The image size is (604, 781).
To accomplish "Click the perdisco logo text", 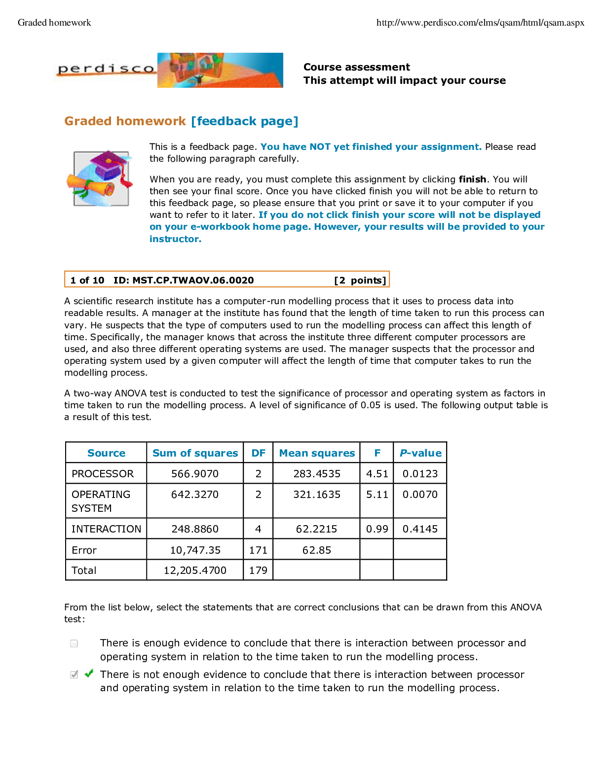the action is [106, 69].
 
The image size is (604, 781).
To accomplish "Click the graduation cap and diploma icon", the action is [100, 178].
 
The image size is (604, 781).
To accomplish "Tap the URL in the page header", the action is [480, 23].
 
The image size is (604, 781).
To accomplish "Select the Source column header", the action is [106, 453].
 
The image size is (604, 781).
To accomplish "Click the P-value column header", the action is [420, 453].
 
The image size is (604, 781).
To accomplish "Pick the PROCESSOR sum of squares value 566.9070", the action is [194, 474].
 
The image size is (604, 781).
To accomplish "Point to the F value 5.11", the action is [377, 495].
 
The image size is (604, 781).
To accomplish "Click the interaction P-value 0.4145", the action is [420, 529].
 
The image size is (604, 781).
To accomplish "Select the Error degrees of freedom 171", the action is [258, 550].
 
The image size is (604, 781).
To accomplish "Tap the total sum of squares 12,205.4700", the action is [195, 570].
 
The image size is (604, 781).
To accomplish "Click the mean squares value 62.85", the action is [316, 550].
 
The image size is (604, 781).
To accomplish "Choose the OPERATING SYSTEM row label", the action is [101, 501].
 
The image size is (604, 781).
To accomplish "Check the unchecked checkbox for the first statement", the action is [74, 643].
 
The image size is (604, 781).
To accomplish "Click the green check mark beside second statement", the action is [89, 673].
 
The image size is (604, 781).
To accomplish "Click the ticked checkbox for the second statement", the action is [74, 674].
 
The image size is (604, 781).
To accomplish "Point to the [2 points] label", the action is [360, 281].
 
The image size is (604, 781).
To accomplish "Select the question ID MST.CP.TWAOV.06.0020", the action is [184, 281].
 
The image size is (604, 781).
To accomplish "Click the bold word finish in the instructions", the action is [472, 179].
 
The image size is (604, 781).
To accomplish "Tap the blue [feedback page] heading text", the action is [245, 121].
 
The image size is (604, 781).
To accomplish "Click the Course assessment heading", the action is [356, 67].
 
